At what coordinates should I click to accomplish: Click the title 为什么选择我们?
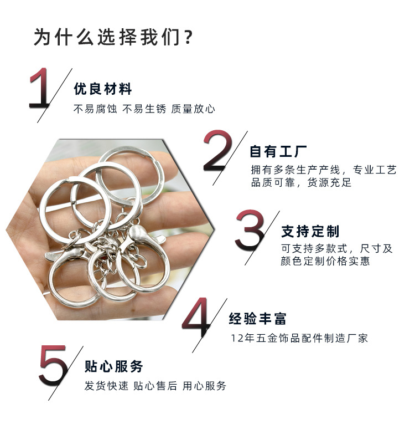coord(113,37)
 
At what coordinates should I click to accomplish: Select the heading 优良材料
coord(103,89)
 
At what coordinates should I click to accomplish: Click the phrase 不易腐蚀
coord(95,109)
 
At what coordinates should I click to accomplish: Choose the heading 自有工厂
coord(278,151)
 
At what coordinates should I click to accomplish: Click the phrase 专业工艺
coord(375,170)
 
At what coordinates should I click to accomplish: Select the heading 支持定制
coord(310,231)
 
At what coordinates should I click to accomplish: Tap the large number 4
coord(196,317)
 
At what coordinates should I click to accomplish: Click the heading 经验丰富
coord(258,318)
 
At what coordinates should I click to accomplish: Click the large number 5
coord(53,366)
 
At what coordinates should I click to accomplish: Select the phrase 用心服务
coord(204,386)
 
